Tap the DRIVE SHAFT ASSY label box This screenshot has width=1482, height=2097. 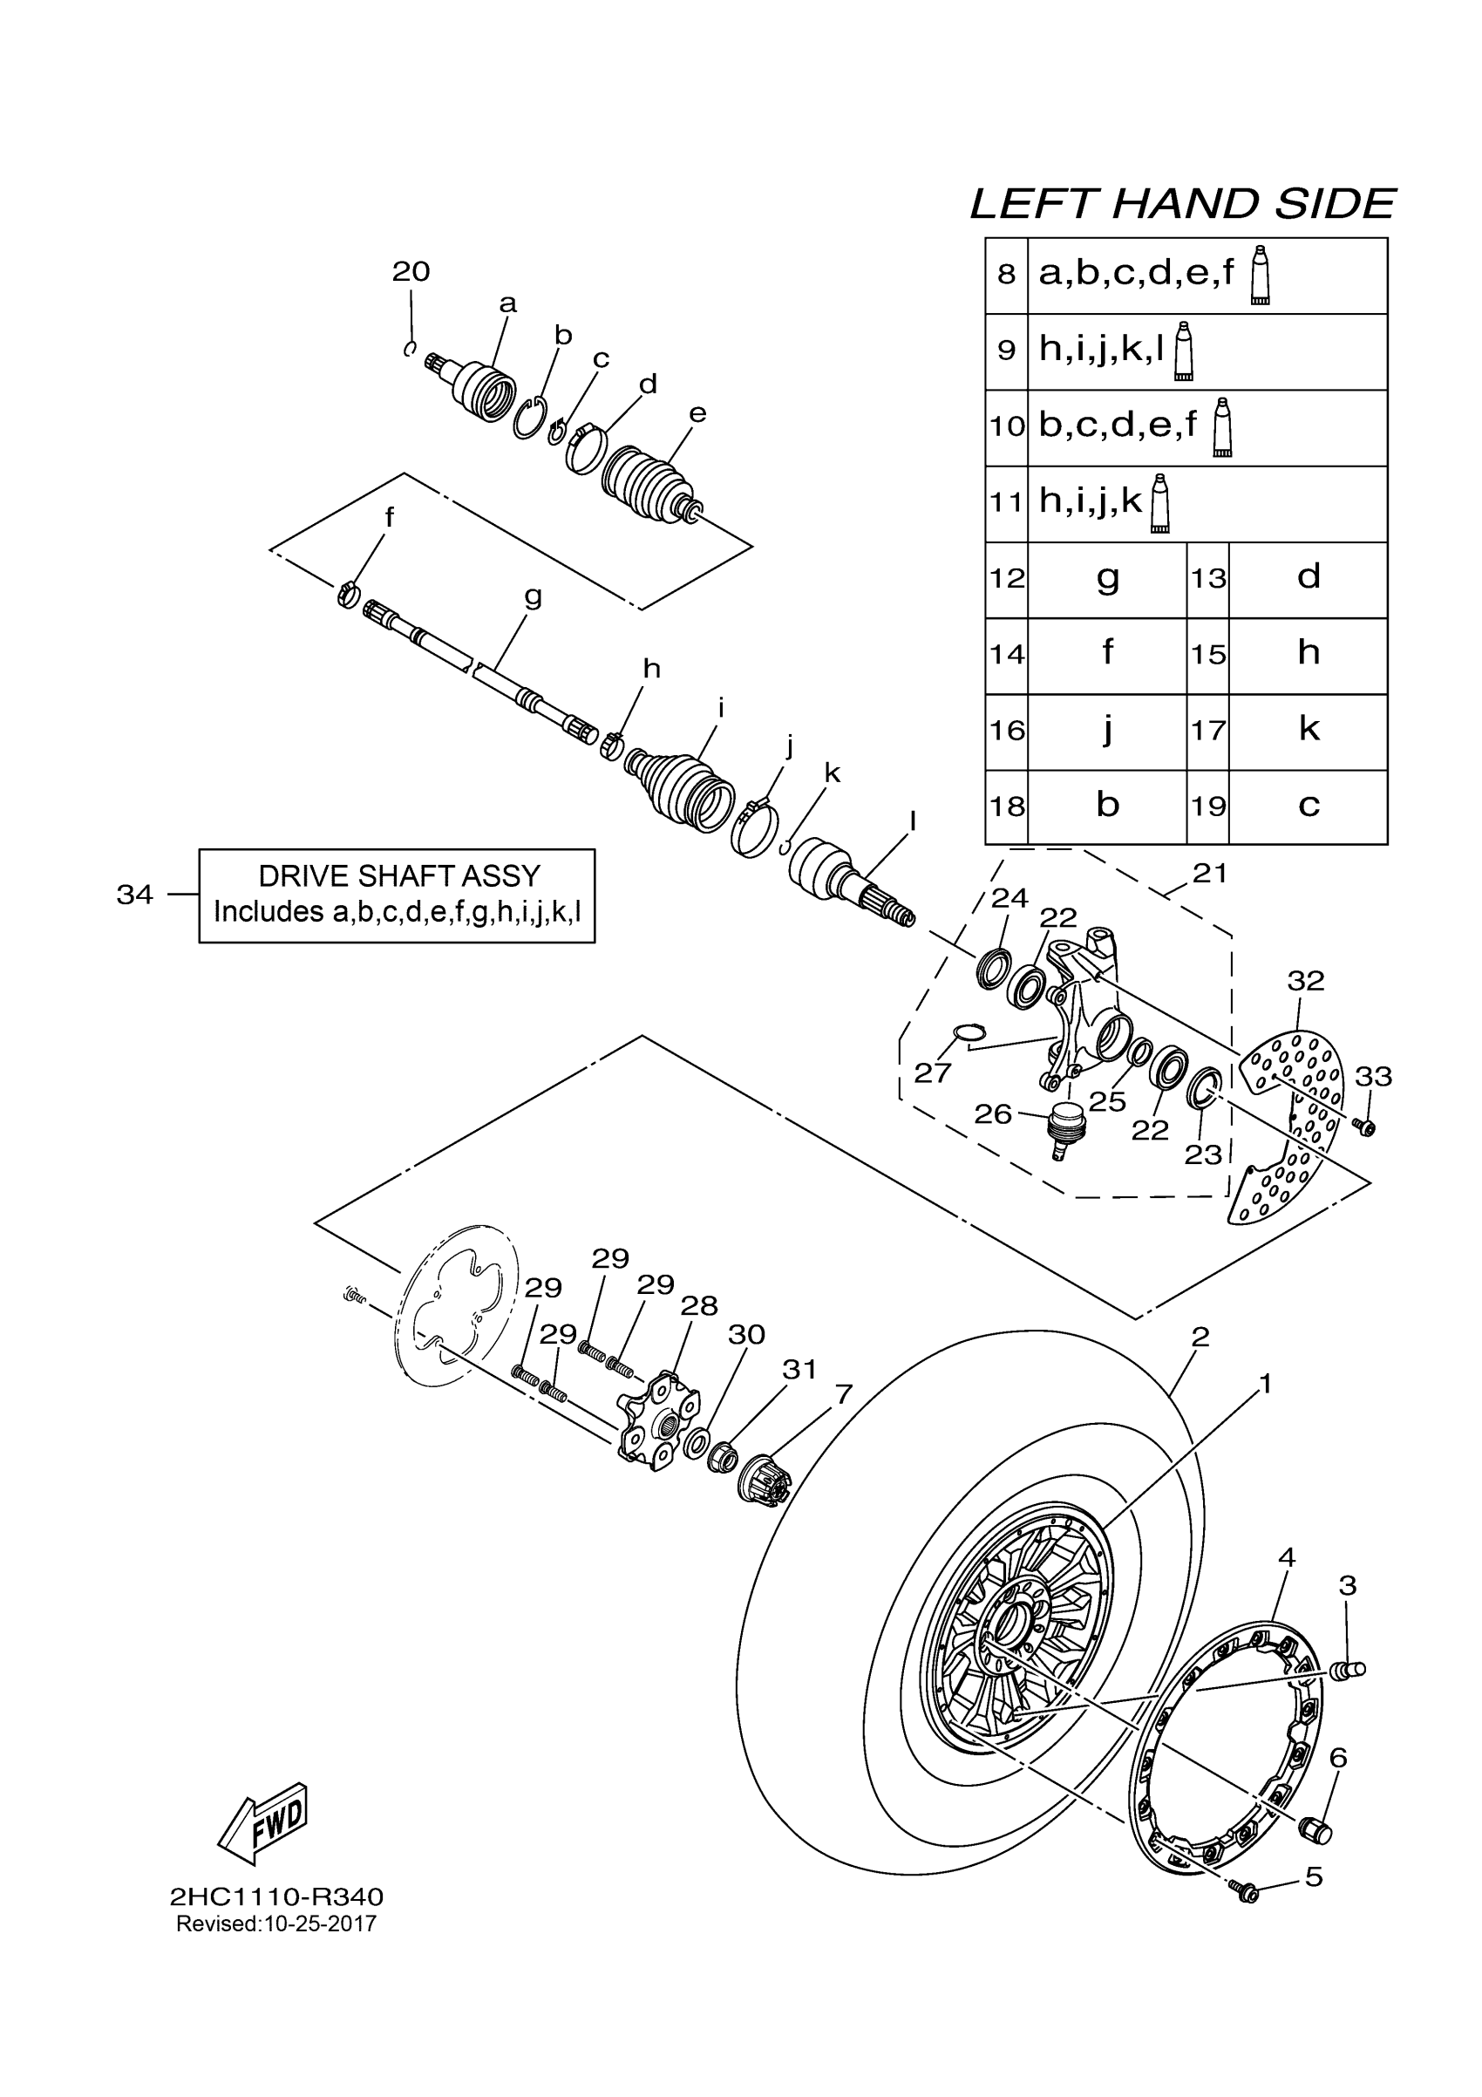point(398,895)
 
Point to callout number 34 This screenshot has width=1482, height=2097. point(134,895)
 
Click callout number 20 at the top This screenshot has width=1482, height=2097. point(411,271)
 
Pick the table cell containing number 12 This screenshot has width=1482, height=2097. point(1006,579)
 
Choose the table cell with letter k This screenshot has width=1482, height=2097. point(1308,730)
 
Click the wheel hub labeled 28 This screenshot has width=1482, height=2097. point(659,1426)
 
